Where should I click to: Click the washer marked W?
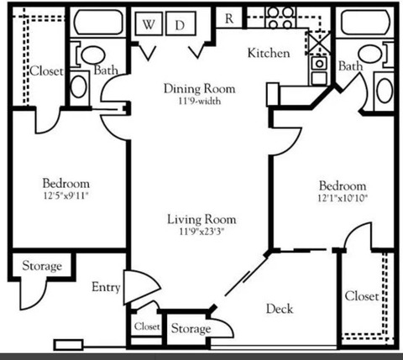pyautogui.click(x=149, y=23)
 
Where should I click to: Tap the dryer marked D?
pyautogui.click(x=181, y=23)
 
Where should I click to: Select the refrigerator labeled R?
pyautogui.click(x=229, y=18)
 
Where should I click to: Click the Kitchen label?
pyautogui.click(x=269, y=53)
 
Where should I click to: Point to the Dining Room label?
pyautogui.click(x=200, y=89)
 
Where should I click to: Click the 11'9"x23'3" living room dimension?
pyautogui.click(x=201, y=232)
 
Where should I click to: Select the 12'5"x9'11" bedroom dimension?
pyautogui.click(x=66, y=196)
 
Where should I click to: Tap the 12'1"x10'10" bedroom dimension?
pyautogui.click(x=343, y=198)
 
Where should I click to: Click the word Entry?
pyautogui.click(x=106, y=287)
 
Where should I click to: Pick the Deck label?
pyautogui.click(x=280, y=309)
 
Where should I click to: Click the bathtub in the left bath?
pyautogui.click(x=98, y=23)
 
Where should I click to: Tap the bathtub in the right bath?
pyautogui.click(x=365, y=23)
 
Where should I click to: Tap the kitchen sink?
pyautogui.click(x=319, y=70)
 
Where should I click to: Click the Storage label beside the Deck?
pyautogui.click(x=191, y=329)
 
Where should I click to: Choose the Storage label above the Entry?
pyautogui.click(x=42, y=266)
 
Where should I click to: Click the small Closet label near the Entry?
pyautogui.click(x=147, y=326)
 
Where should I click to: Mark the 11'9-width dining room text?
pyautogui.click(x=200, y=101)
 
